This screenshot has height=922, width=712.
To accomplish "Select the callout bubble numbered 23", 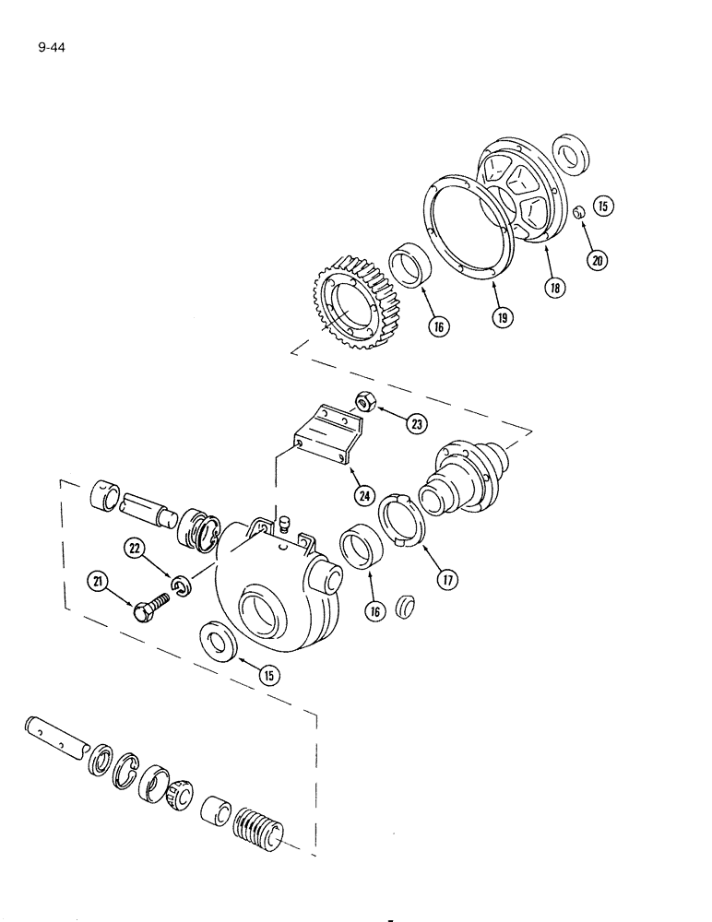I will click(x=417, y=423).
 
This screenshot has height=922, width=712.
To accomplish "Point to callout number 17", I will click(x=449, y=581).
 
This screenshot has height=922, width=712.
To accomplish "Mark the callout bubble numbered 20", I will click(x=598, y=260).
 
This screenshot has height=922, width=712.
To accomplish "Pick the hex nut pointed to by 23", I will click(x=363, y=402).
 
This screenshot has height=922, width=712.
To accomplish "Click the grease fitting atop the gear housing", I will click(x=283, y=524).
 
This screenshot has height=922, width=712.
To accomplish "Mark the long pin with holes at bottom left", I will click(x=55, y=733).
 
